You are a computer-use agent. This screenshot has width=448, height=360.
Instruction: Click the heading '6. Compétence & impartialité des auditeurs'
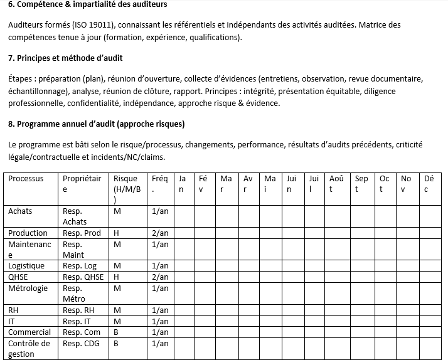88,5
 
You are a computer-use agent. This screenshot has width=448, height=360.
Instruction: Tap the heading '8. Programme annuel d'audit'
97,124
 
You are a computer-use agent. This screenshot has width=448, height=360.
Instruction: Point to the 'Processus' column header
26,179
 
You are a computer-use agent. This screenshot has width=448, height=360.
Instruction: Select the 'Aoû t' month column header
337,183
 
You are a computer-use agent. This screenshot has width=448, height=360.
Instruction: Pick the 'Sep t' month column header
361,183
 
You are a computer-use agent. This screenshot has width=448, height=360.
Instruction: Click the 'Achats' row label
20,211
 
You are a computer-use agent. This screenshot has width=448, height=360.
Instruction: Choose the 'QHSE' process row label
18,277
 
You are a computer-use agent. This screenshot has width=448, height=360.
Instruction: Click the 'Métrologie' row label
28,289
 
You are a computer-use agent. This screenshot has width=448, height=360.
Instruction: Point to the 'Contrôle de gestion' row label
29,349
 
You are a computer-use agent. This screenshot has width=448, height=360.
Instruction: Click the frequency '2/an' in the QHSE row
160,277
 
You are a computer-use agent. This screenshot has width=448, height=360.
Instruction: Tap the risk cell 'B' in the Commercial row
116,332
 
